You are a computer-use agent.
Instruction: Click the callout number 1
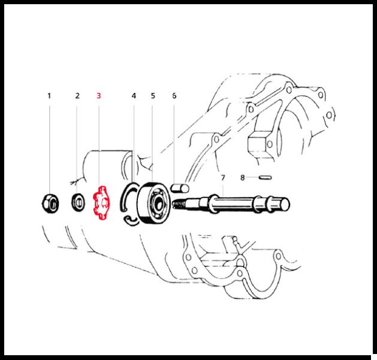pyautogui.click(x=49, y=96)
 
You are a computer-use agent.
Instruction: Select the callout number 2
pyautogui.click(x=77, y=96)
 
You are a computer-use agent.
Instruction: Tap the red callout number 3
pyautogui.click(x=98, y=96)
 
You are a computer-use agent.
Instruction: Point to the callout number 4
pyautogui.click(x=134, y=96)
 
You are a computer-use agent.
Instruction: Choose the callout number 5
pyautogui.click(x=153, y=96)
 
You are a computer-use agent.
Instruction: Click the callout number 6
pyautogui.click(x=174, y=96)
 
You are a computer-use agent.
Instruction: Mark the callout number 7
pyautogui.click(x=223, y=178)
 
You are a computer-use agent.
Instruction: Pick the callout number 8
pyautogui.click(x=242, y=178)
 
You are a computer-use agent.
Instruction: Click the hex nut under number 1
pyautogui.click(x=50, y=203)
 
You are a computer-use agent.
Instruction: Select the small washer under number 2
pyautogui.click(x=78, y=202)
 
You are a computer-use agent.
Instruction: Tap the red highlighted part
pyautogui.click(x=101, y=203)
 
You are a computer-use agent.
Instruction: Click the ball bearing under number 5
pyautogui.click(x=154, y=203)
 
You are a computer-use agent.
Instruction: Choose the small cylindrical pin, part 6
pyautogui.click(x=180, y=188)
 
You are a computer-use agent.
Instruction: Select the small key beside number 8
pyautogui.click(x=266, y=178)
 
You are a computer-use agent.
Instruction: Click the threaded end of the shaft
pyautogui.click(x=179, y=205)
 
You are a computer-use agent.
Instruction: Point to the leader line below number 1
pyautogui.click(x=50, y=149)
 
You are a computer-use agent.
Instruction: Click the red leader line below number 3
pyautogui.click(x=99, y=146)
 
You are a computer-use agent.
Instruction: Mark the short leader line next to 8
pyautogui.click(x=252, y=178)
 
